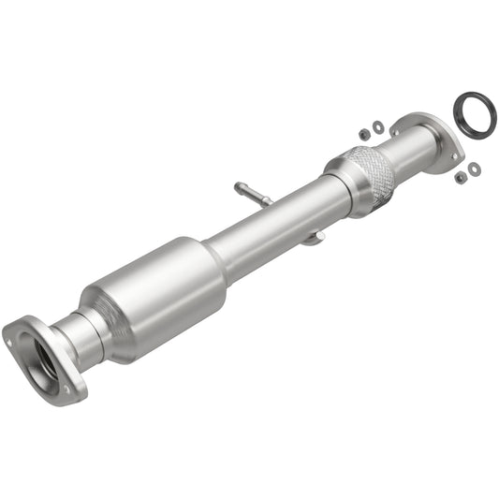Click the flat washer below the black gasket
coord(474,169)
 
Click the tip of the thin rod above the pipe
coord(237,185)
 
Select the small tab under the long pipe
coord(314,239)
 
